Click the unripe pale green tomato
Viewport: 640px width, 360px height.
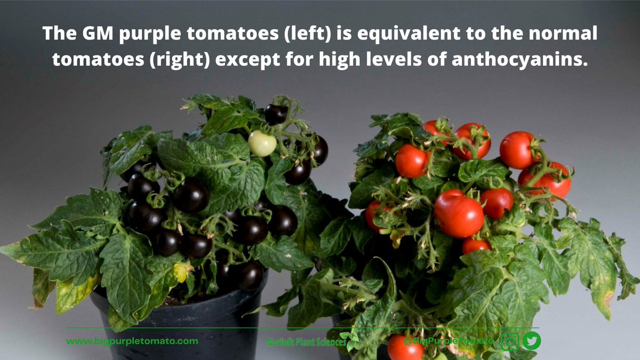coord(262,143)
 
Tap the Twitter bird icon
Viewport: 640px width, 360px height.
coord(531,340)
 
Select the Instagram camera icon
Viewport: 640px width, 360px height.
coord(509,340)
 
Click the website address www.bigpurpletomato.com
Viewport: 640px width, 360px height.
coord(132,341)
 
